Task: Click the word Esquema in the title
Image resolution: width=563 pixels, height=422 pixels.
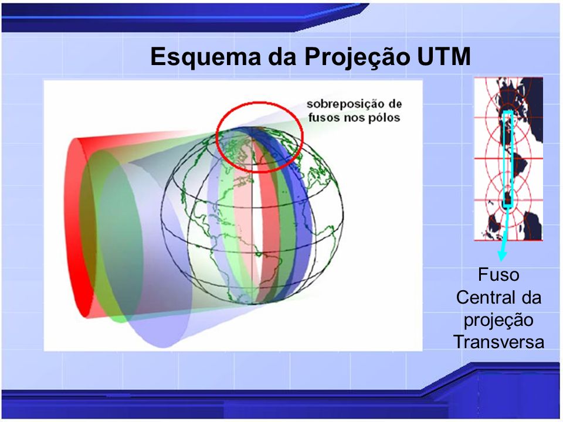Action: (206, 57)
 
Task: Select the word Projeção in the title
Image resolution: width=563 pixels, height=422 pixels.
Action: (356, 57)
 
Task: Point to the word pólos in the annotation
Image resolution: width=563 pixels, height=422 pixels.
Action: (385, 118)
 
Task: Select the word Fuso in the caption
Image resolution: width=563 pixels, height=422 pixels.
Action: (498, 275)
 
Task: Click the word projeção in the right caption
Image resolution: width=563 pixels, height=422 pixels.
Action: (498, 321)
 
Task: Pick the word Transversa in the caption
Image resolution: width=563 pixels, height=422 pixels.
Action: (498, 342)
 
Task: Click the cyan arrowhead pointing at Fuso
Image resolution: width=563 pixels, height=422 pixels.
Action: (502, 255)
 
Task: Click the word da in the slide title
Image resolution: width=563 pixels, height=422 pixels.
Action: (283, 57)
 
